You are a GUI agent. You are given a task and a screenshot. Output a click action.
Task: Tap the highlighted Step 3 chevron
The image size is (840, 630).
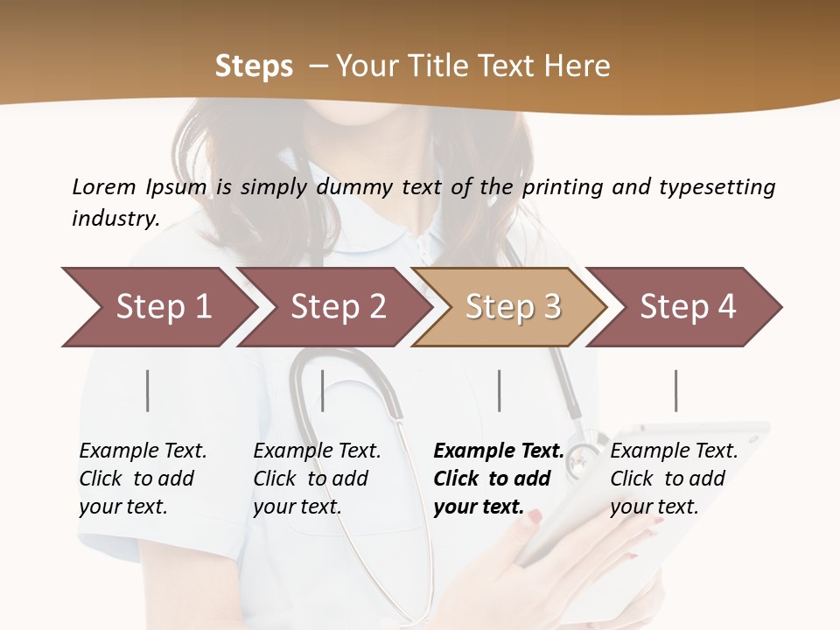[511, 307]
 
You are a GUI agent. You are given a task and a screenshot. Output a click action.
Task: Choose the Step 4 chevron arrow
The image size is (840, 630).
[687, 307]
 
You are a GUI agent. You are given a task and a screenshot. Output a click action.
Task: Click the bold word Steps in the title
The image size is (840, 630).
[254, 66]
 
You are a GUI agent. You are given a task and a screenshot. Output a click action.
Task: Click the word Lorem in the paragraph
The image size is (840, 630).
[104, 186]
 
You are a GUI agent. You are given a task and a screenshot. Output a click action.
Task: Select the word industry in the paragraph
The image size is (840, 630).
[115, 218]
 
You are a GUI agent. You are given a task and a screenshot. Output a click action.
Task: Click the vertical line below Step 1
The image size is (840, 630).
[148, 390]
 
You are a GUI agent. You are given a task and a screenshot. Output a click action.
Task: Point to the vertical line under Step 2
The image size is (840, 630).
[323, 390]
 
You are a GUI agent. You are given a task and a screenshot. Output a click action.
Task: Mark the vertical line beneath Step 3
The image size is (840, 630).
[499, 390]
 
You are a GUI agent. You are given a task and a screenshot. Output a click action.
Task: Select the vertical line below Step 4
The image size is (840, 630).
[675, 390]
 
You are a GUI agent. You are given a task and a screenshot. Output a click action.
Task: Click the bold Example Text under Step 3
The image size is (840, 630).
[499, 451]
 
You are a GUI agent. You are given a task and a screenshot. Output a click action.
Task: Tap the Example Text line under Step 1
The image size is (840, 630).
[143, 451]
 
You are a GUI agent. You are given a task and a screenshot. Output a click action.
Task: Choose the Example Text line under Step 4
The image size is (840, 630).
[674, 451]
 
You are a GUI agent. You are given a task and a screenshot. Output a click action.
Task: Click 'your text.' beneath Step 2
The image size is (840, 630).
[297, 507]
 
